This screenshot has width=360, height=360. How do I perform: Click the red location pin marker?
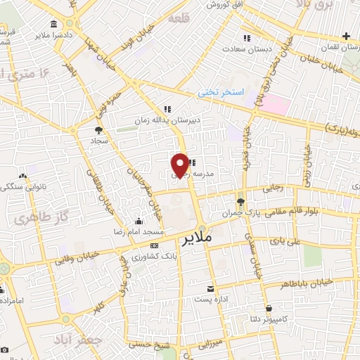[181, 165]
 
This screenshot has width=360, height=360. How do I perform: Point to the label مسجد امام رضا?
[139, 231]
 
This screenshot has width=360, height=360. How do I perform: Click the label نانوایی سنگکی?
[25, 187]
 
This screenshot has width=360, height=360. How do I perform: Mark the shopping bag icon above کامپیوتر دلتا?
[269, 307]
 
